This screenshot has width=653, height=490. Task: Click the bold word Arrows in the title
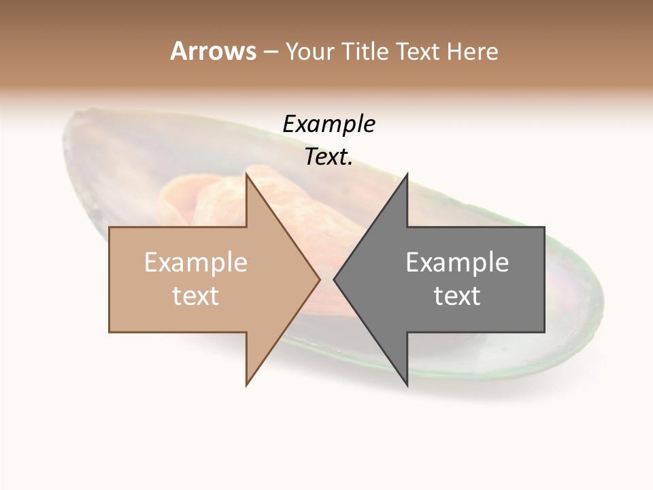click(x=213, y=51)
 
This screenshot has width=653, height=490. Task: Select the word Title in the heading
click(x=365, y=51)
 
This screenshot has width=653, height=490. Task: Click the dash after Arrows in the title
click(x=270, y=52)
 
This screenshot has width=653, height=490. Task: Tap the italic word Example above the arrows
click(x=329, y=125)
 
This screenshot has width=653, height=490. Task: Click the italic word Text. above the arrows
click(x=329, y=157)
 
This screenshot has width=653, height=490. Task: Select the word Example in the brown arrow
click(x=196, y=263)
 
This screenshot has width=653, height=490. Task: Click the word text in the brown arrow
click(x=196, y=296)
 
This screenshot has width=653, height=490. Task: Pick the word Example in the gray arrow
click(x=457, y=263)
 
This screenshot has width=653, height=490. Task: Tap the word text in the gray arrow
click(x=457, y=296)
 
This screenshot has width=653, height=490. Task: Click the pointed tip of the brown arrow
click(x=319, y=279)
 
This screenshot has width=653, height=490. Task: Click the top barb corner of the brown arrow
click(x=246, y=174)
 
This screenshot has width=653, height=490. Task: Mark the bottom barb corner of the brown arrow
click(x=246, y=385)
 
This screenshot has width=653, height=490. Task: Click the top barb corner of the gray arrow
click(x=407, y=174)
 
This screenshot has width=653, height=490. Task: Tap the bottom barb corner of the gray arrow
click(x=407, y=385)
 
